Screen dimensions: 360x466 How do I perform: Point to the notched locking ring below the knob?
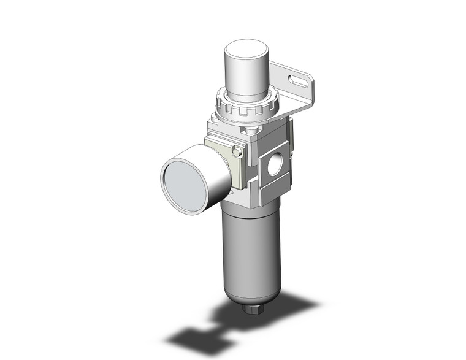click(x=246, y=108)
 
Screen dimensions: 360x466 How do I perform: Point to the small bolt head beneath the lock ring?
click(x=251, y=131)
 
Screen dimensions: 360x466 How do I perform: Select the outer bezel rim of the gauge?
click(x=164, y=184)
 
